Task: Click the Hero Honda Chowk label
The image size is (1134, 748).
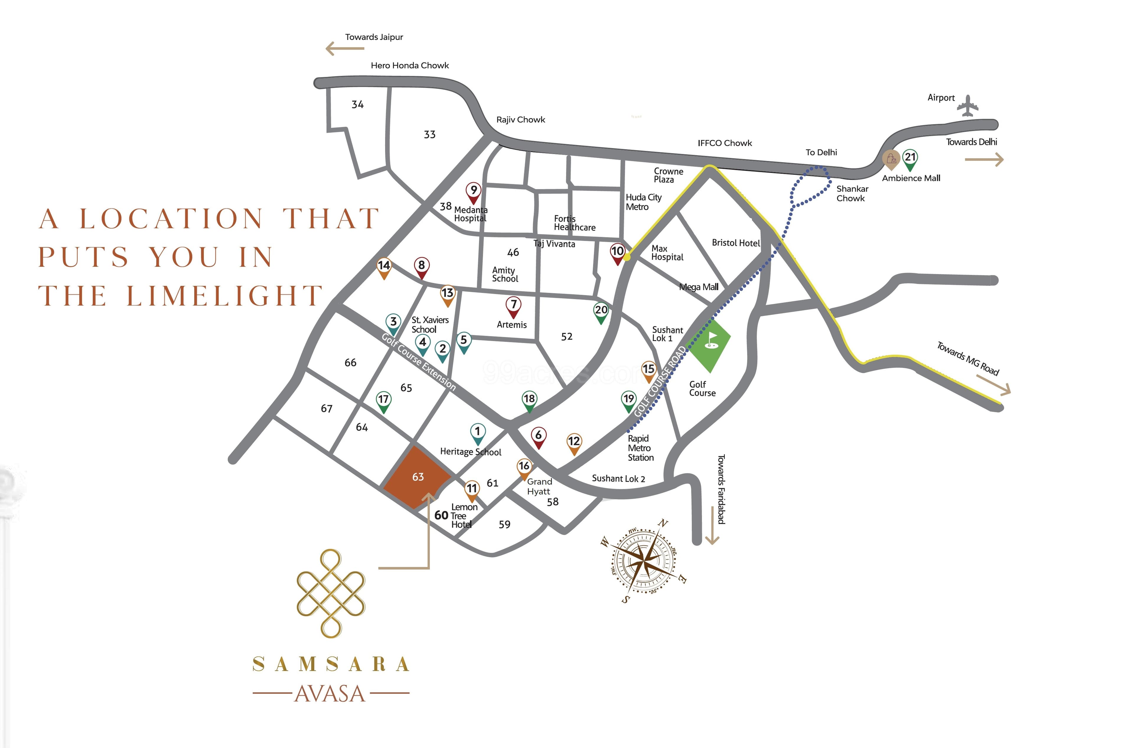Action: pyautogui.click(x=410, y=65)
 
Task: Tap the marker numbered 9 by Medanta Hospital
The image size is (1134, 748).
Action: pyautogui.click(x=473, y=191)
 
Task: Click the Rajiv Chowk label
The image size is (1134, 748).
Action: pyautogui.click(x=520, y=120)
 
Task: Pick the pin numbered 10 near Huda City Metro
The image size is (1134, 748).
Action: pyautogui.click(x=617, y=252)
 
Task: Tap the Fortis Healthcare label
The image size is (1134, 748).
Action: pyautogui.click(x=574, y=223)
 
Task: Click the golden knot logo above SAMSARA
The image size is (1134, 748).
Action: pyautogui.click(x=331, y=594)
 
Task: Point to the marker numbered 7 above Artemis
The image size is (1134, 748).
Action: pyautogui.click(x=513, y=306)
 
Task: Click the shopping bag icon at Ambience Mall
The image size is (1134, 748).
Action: pyautogui.click(x=891, y=159)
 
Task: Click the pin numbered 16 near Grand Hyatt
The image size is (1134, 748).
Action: pyautogui.click(x=524, y=467)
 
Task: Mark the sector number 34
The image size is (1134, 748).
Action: pyautogui.click(x=357, y=105)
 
